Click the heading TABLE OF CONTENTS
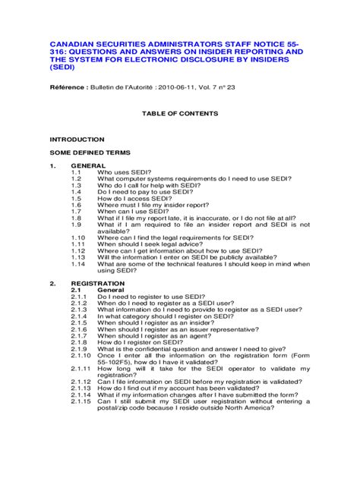click(x=180, y=113)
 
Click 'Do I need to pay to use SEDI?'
click(x=147, y=192)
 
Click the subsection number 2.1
click(x=76, y=290)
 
